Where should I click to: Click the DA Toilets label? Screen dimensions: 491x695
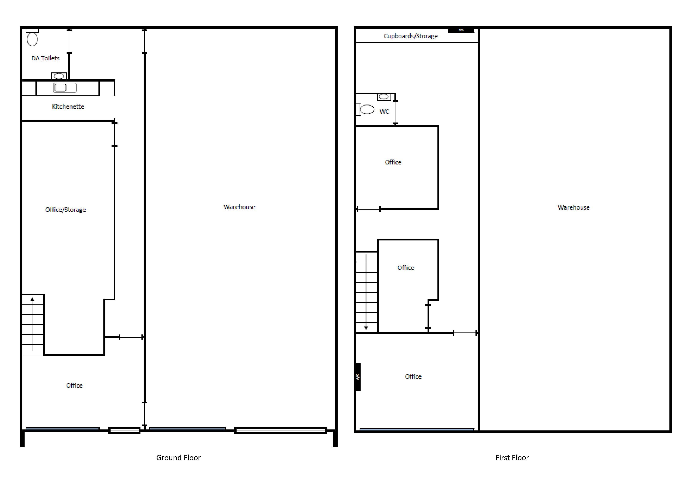pos(45,58)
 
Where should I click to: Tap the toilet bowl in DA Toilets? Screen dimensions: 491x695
pos(32,39)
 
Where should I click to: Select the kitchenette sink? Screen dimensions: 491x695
pos(65,88)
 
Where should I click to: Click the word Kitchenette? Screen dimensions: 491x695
pos(68,106)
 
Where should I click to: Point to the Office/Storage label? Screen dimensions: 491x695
pos(65,210)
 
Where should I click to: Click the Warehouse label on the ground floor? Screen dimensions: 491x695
pos(239,207)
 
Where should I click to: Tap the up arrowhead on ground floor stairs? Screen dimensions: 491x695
pos(32,299)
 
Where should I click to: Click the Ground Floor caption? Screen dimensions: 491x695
pos(178,457)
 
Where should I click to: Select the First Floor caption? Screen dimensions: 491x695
pos(512,457)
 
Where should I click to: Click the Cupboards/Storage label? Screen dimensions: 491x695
pos(411,36)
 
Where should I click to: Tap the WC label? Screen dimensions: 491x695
pos(384,112)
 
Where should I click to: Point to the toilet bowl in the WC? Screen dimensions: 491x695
pos(367,109)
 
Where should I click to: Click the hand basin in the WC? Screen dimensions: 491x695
pos(384,97)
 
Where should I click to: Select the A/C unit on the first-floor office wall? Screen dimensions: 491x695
pos(358,377)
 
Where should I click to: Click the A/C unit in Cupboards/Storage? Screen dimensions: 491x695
pos(461,30)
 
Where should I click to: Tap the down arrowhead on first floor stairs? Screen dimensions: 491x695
pos(366,328)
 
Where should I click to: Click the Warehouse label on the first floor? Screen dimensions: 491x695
pos(573,207)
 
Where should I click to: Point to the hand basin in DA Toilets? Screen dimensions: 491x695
pos(59,76)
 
